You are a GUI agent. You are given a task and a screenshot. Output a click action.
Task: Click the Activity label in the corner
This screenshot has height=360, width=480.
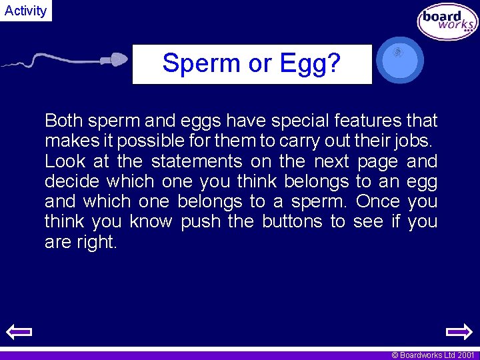25,11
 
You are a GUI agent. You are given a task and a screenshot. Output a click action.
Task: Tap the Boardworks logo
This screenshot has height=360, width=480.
447,23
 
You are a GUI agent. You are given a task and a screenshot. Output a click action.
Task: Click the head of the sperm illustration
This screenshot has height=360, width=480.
117,59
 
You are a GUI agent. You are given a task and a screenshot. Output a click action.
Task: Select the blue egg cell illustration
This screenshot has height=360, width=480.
399,60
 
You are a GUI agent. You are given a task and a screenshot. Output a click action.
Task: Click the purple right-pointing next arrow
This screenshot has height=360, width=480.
458,331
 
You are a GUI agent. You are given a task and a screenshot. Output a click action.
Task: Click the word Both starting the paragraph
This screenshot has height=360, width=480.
63,121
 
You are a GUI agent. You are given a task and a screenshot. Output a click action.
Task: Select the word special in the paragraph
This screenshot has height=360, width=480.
298,121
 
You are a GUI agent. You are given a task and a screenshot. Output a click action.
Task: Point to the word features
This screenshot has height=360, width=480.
367,121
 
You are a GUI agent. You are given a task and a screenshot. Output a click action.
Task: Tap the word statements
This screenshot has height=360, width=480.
197,161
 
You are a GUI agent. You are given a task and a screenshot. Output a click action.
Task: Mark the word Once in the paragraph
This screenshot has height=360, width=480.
377,201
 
